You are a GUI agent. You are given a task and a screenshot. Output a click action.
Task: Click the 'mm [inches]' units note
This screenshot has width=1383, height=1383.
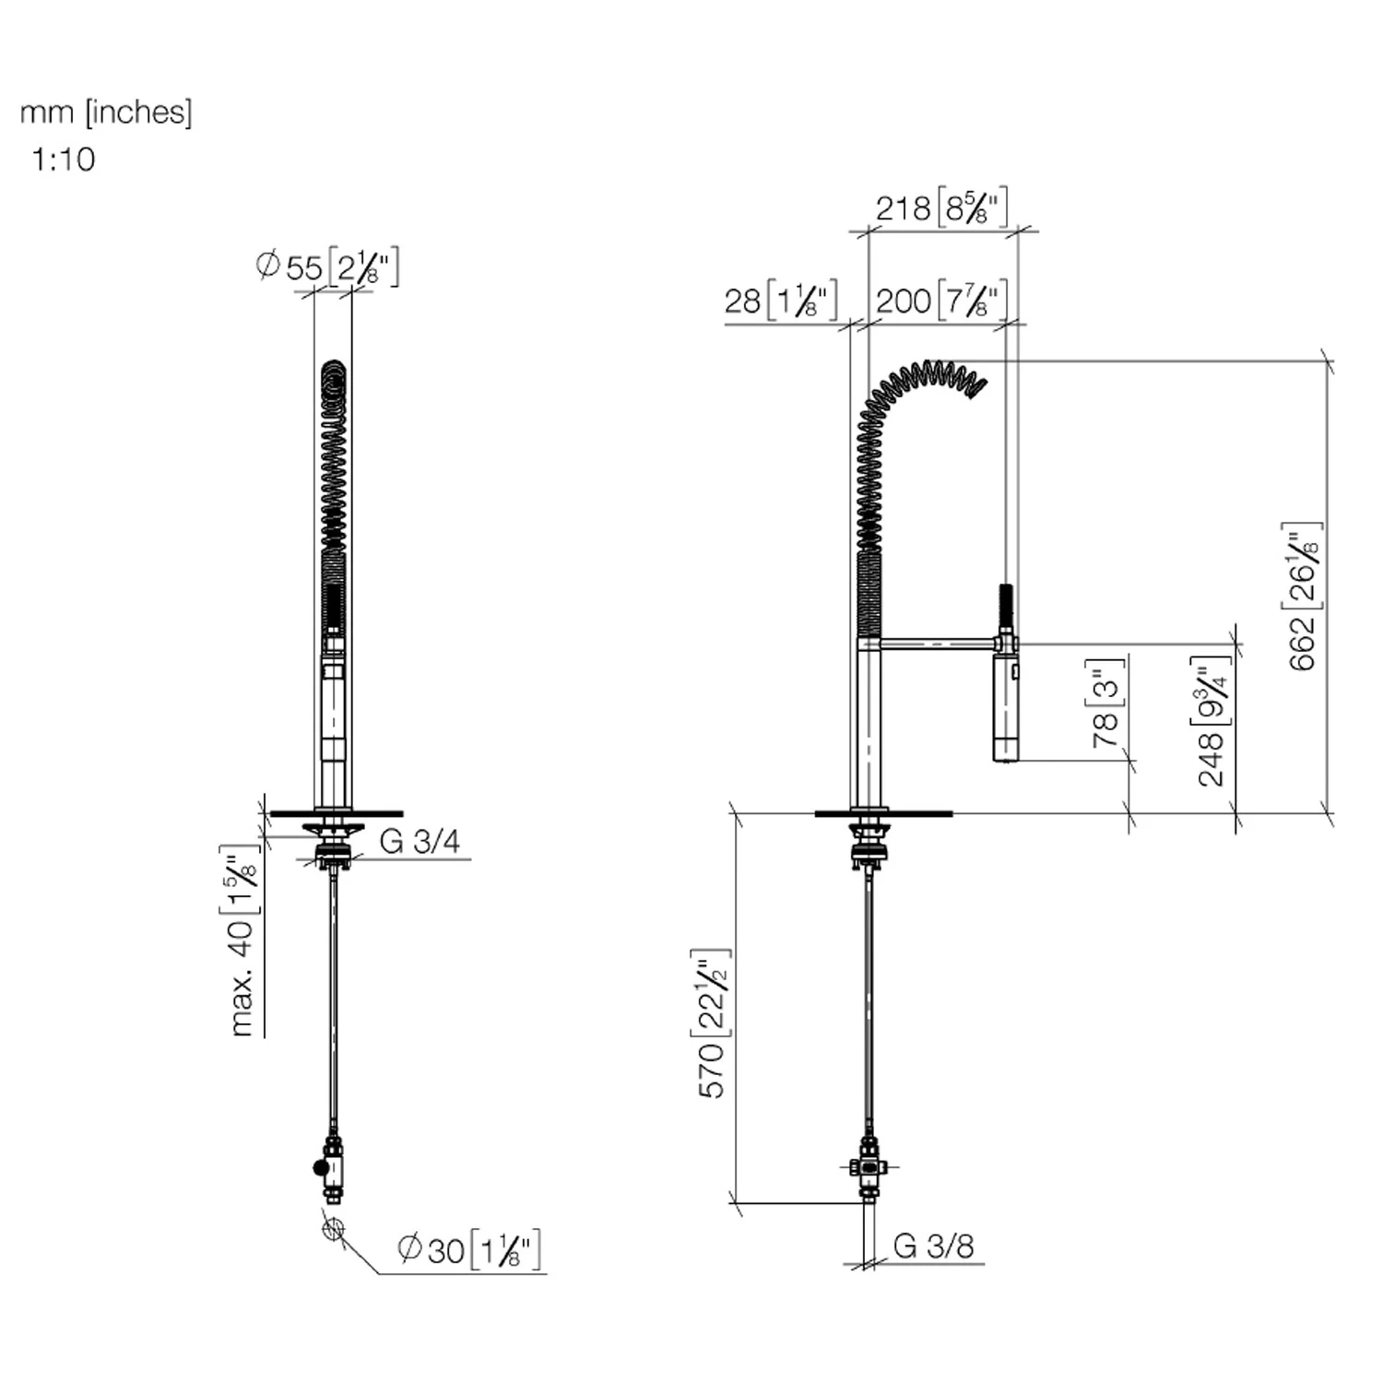pos(106,112)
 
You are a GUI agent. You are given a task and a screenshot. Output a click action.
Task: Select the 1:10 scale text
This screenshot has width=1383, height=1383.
pos(64,160)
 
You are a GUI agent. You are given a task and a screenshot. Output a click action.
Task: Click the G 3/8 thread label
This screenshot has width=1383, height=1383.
pos(933,1246)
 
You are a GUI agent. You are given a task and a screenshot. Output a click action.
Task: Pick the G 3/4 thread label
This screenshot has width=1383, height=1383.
pos(420,841)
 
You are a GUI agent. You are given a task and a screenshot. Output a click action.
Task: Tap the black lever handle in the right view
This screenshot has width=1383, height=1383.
pos(1006,608)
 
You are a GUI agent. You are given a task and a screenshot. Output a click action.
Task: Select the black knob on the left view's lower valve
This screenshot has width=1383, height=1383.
pos(320,1168)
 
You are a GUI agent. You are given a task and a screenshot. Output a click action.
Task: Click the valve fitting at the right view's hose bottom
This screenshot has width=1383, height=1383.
pos(869,1168)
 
